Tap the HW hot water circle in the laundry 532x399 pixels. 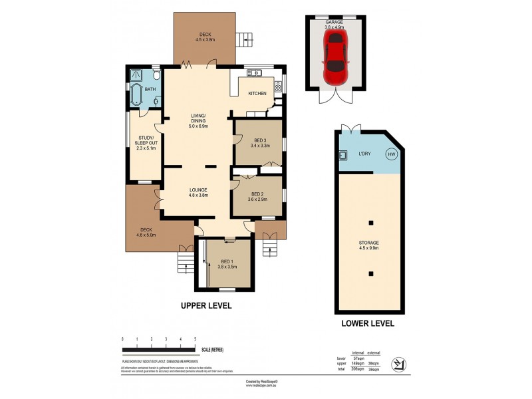coord(391,155)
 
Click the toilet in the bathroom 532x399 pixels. coord(157,100)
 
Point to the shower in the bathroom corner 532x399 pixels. coord(136,74)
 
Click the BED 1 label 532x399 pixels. coord(228,262)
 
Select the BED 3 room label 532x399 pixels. coord(259,139)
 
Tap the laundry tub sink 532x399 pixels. coord(344,156)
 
